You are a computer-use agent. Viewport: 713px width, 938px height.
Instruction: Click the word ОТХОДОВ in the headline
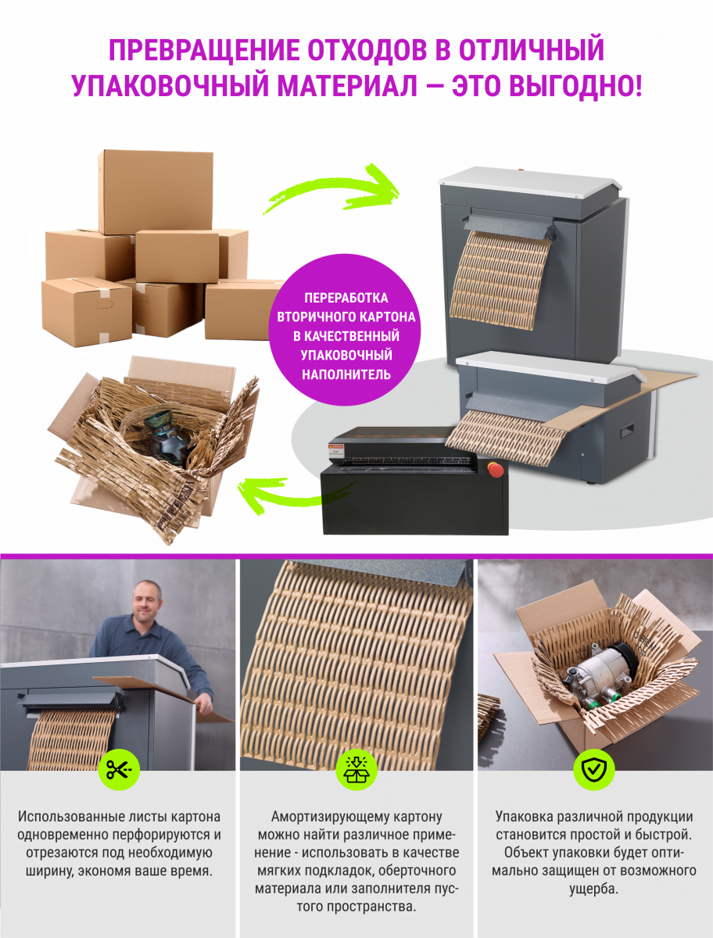(367, 49)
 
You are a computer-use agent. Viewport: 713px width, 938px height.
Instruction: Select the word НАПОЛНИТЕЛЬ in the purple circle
(346, 374)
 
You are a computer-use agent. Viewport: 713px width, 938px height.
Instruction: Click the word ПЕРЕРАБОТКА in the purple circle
(346, 298)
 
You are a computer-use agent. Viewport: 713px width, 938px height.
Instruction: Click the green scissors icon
(119, 769)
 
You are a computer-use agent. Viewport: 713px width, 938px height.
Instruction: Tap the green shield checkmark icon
(594, 769)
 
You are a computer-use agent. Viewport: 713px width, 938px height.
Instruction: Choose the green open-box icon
(356, 769)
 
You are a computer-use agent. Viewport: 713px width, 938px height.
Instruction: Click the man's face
(146, 598)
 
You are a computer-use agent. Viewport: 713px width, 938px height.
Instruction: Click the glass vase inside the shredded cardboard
(164, 436)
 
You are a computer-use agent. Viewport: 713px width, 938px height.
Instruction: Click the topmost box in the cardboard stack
(156, 191)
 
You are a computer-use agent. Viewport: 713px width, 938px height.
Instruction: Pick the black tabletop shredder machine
(414, 481)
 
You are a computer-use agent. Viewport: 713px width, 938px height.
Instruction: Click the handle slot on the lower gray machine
(627, 429)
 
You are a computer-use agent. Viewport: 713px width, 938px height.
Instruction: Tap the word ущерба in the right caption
(594, 890)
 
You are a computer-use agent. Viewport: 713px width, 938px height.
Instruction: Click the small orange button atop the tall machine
(521, 169)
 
